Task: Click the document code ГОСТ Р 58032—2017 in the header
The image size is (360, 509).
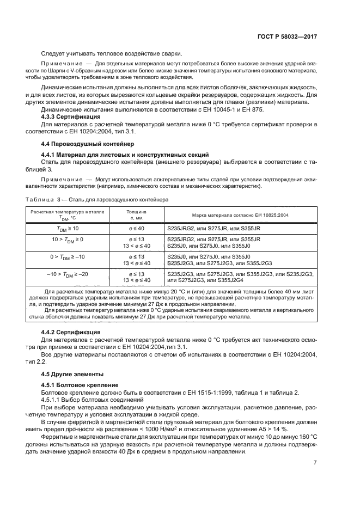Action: coord(287,36)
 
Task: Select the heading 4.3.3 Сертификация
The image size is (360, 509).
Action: coord(71,116)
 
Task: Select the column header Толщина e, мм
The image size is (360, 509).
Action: coord(136,214)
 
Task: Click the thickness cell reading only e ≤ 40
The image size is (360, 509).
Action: coord(136,228)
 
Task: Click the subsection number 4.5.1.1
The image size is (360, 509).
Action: coord(52,400)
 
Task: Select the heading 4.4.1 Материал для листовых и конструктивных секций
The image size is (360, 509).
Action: coord(118,155)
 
